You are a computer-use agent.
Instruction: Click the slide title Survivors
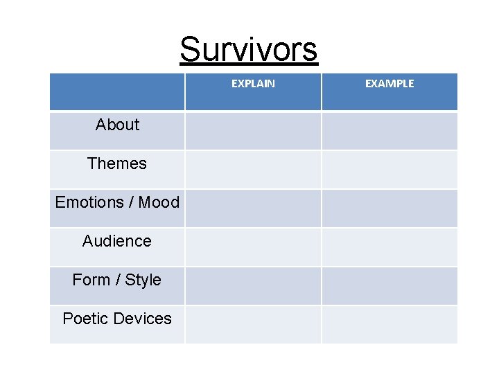[x=249, y=49]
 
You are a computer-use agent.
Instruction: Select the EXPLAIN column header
[x=253, y=84]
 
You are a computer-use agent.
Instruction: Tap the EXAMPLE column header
[x=389, y=84]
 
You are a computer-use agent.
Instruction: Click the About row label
[x=117, y=125]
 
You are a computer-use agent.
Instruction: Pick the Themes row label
[x=117, y=163]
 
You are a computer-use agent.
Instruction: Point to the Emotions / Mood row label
[x=117, y=202]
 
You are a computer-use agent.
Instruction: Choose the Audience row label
[x=117, y=241]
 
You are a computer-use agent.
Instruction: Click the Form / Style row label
[x=117, y=280]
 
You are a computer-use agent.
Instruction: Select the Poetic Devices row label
[x=117, y=319]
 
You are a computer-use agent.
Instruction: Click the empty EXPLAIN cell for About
[x=253, y=131]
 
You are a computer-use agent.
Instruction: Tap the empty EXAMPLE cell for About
[x=389, y=131]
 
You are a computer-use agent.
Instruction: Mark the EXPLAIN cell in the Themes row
[x=253, y=170]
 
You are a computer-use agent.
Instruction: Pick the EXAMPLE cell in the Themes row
[x=389, y=170]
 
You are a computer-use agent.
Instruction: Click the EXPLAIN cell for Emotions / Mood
[x=253, y=208]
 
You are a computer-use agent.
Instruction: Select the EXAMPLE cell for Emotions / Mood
[x=389, y=208]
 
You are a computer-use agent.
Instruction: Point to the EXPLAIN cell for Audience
[x=253, y=247]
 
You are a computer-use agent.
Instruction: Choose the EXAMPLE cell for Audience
[x=389, y=247]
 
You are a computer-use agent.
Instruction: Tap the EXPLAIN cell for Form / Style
[x=253, y=286]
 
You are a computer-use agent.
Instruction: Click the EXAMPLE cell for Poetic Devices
[x=389, y=324]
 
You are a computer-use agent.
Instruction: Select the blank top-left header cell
[x=117, y=91]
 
